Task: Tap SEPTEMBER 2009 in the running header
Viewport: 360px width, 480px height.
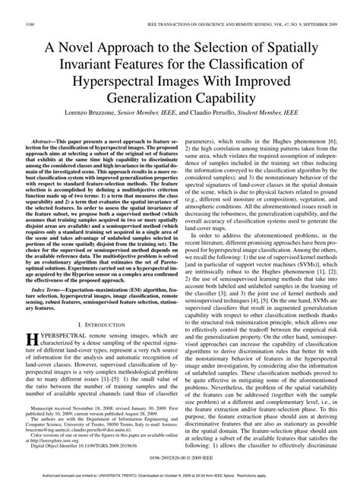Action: (317, 25)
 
